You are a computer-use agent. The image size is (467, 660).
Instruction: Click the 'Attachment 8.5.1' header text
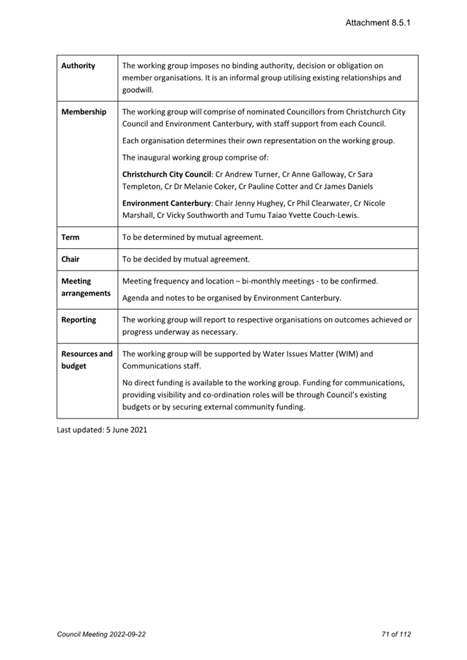(x=378, y=23)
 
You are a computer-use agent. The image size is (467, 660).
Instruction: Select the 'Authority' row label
(x=78, y=66)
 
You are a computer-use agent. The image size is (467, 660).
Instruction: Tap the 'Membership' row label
(x=84, y=112)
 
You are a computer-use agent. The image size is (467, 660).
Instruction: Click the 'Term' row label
(x=70, y=237)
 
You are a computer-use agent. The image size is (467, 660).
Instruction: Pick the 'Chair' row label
(x=70, y=259)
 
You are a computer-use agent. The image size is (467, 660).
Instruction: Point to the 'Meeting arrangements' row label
(x=86, y=287)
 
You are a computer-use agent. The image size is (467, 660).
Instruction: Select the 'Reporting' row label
(x=78, y=320)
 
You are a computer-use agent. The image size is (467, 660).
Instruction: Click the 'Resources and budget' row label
(x=86, y=360)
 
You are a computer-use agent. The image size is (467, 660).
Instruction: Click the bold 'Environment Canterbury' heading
(x=166, y=203)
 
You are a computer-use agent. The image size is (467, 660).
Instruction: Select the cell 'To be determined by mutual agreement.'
(x=192, y=237)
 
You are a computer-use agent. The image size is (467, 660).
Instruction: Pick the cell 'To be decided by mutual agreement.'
(x=185, y=259)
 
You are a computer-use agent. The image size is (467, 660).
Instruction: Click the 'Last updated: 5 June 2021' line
(x=102, y=430)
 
